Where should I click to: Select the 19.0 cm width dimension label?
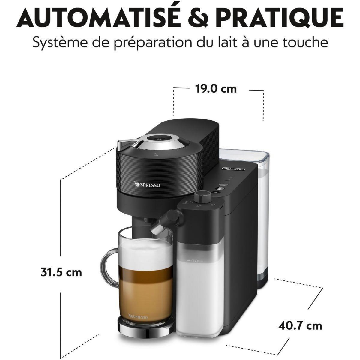pos(216,89)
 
